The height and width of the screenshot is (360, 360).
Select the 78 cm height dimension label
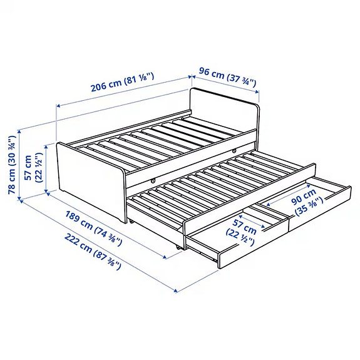(x=11, y=165)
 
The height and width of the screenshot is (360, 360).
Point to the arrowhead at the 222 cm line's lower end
(x=177, y=291)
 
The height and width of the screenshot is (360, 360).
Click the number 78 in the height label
(x=11, y=188)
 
